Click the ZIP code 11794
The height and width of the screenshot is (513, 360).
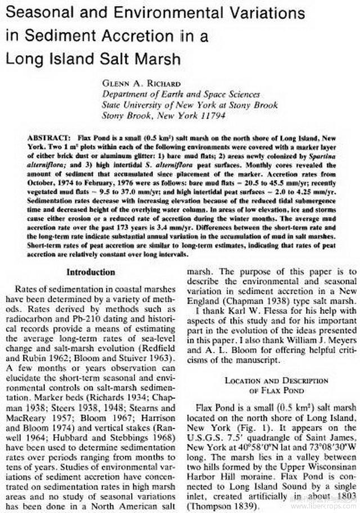click(210, 115)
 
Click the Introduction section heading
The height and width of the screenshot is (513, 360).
click(91, 272)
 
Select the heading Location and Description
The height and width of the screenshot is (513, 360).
click(272, 380)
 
